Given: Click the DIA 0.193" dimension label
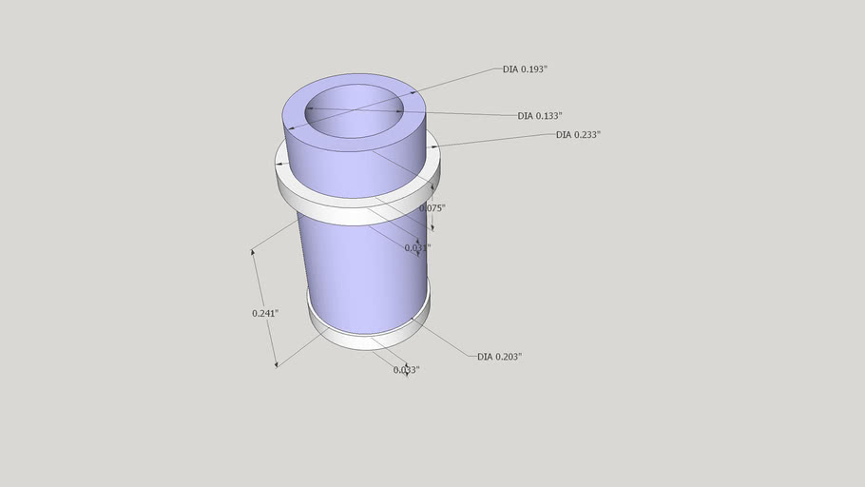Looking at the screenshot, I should pyautogui.click(x=525, y=69).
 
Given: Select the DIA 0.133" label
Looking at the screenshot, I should pyautogui.click(x=539, y=116).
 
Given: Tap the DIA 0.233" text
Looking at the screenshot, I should pyautogui.click(x=578, y=135).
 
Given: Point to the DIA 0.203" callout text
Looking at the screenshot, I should pyautogui.click(x=499, y=357).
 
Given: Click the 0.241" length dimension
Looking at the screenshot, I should pyautogui.click(x=265, y=313).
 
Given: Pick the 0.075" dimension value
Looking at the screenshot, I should pyautogui.click(x=432, y=207).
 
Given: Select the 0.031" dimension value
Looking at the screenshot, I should pyautogui.click(x=417, y=247).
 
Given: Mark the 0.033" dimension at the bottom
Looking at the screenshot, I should pyautogui.click(x=406, y=369).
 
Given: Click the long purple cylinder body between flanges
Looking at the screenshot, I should pyautogui.click(x=361, y=276).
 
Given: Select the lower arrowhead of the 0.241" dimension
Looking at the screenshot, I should pyautogui.click(x=276, y=363).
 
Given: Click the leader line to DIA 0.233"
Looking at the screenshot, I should pyautogui.click(x=494, y=141).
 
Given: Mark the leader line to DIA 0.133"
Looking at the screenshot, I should pyautogui.click(x=456, y=114).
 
